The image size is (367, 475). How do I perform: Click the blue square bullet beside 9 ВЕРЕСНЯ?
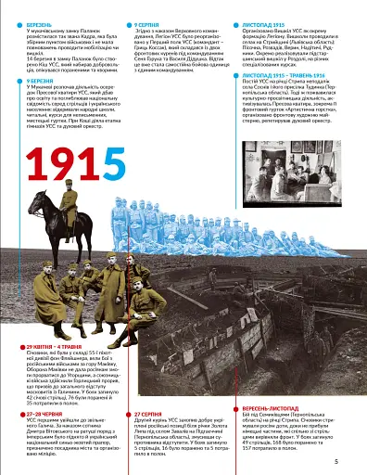pos(27,81)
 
